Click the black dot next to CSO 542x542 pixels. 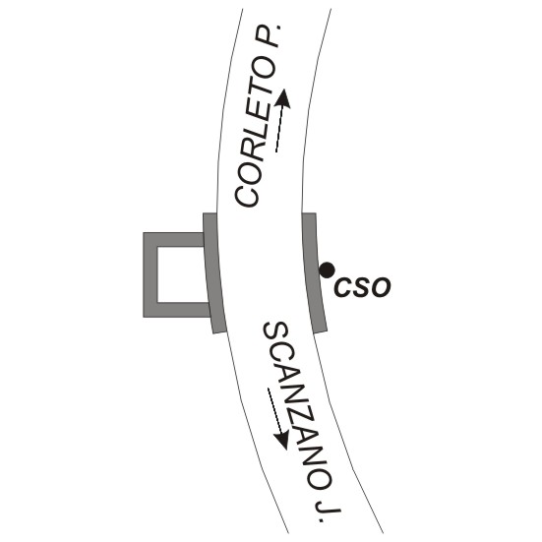(x=327, y=270)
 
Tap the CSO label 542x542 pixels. (x=362, y=287)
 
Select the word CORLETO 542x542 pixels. (x=255, y=135)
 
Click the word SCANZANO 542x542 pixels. (x=298, y=405)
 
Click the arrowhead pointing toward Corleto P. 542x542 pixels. (x=283, y=98)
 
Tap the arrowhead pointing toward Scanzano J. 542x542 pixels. (x=281, y=441)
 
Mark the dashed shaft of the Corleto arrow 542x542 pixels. (x=279, y=129)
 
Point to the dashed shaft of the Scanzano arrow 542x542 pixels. (x=275, y=410)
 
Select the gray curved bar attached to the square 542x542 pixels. (x=213, y=273)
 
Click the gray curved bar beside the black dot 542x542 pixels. (x=313, y=273)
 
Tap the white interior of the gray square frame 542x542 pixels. (x=183, y=274)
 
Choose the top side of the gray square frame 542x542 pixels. (x=173, y=240)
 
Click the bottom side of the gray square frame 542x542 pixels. (x=177, y=310)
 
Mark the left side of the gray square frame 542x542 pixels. (x=151, y=274)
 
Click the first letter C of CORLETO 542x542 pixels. (x=246, y=195)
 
